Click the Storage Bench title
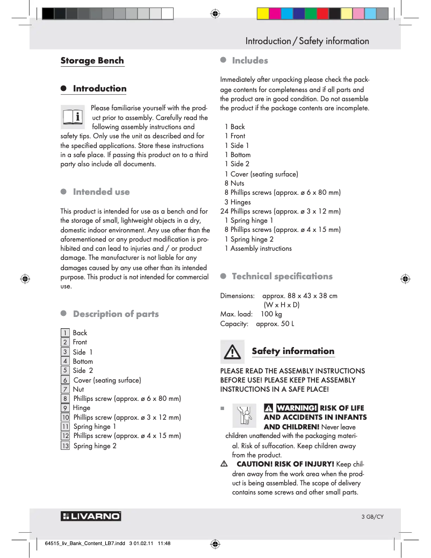click(x=92, y=61)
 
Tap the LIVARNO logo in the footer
click(x=91, y=517)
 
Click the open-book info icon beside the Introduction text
click(x=73, y=116)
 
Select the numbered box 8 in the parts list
click(x=65, y=399)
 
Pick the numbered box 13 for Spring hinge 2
click(x=65, y=446)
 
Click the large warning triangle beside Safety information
click(x=232, y=352)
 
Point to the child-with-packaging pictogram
click(x=245, y=416)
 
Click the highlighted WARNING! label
click(x=296, y=408)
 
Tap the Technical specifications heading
click(x=282, y=277)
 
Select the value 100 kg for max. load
click(x=271, y=314)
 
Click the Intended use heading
click(x=101, y=192)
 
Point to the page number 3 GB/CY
click(x=372, y=517)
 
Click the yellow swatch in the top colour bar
click(x=263, y=13)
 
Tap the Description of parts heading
click(x=116, y=314)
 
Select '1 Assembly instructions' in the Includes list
click(x=258, y=249)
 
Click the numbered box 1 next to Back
click(x=65, y=333)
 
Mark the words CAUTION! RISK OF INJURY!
click(x=285, y=464)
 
